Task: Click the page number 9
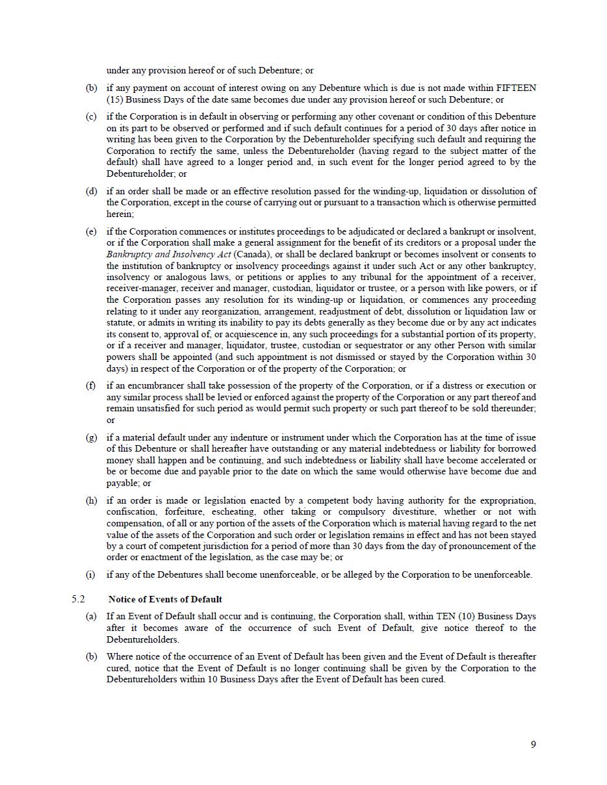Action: (x=533, y=745)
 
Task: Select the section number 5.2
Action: (x=79, y=599)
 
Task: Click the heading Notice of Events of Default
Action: (x=165, y=599)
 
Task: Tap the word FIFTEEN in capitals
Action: (x=516, y=88)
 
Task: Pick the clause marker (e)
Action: (x=91, y=231)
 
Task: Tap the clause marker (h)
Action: (x=91, y=500)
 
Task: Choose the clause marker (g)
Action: (x=91, y=437)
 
